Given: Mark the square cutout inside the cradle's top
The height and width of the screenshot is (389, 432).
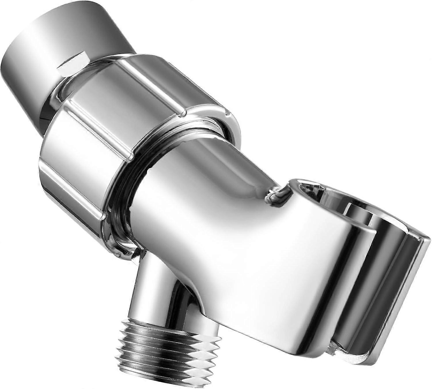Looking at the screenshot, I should [x=357, y=213].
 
